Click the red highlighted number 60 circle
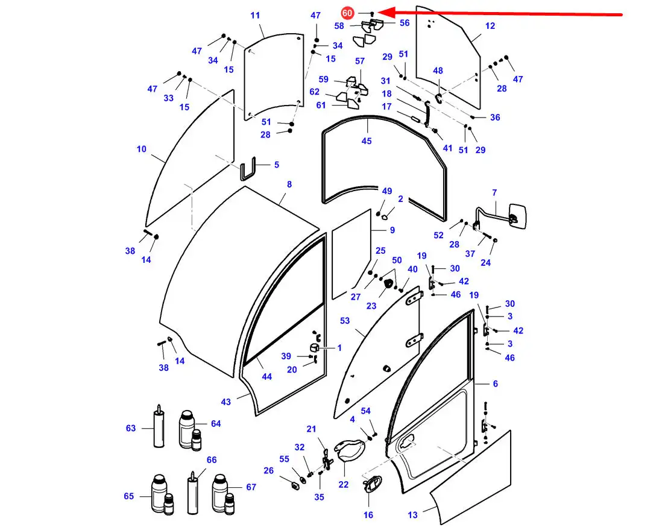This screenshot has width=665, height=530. (347, 13)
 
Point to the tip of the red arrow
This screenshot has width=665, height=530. (377, 12)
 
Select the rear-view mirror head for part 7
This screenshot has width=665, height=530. (517, 216)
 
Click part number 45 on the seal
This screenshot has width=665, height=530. (367, 140)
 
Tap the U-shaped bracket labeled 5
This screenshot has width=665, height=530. (248, 169)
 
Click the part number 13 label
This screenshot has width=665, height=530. (412, 515)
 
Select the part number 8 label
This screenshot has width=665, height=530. (289, 185)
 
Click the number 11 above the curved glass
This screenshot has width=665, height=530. (255, 15)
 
